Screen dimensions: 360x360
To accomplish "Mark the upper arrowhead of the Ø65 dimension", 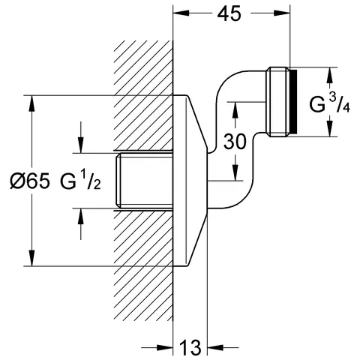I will (x=31, y=102).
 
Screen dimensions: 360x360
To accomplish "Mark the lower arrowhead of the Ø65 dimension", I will (x=31, y=259).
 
